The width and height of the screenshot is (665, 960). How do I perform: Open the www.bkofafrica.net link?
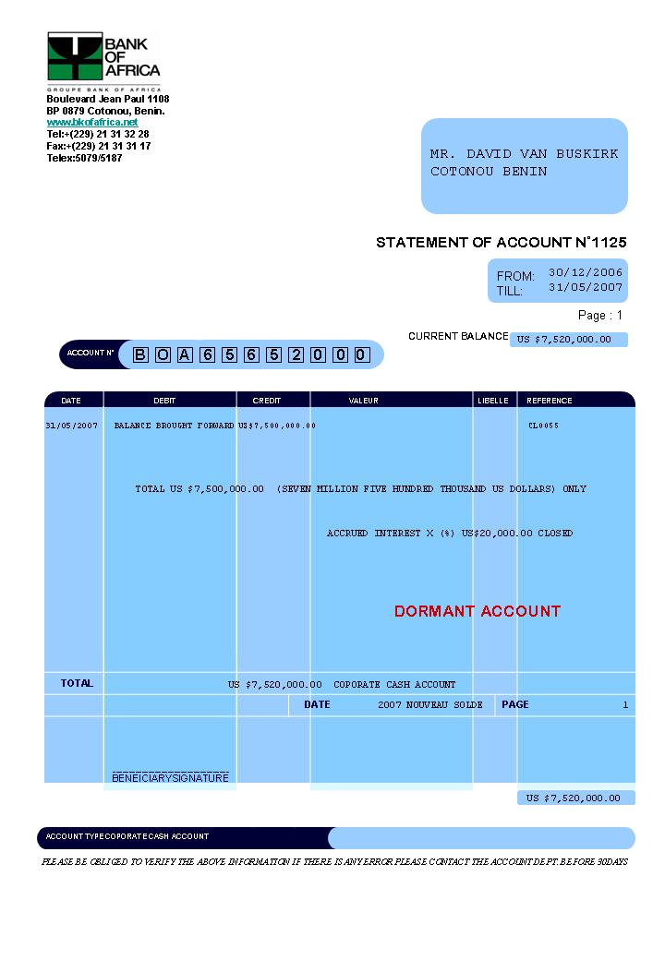92,122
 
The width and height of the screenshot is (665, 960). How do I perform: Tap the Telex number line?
84,158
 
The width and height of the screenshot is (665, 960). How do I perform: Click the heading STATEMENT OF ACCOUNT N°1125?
501,243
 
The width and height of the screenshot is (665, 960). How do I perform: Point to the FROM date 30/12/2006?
586,272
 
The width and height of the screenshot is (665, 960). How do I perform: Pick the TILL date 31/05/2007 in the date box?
586,287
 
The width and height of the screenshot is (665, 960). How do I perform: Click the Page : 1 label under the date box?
600,316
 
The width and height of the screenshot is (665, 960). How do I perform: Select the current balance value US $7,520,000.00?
563,339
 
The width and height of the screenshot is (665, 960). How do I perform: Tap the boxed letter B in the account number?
140,354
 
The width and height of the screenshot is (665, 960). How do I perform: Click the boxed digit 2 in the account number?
295,354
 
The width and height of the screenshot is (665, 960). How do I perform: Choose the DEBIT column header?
164,401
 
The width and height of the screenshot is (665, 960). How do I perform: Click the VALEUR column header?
363,401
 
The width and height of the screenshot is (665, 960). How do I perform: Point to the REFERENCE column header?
549,401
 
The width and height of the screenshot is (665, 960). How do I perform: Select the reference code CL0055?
543,426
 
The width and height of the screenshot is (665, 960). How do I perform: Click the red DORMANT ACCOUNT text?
477,611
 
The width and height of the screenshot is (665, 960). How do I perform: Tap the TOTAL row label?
77,683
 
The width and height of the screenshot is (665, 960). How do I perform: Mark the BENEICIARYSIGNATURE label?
170,778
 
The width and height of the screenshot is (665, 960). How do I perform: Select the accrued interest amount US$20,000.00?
497,534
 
